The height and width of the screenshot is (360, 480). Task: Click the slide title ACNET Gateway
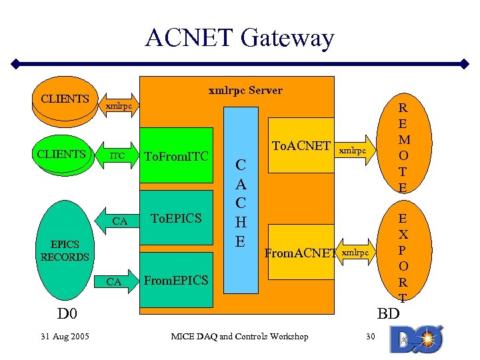tap(240, 38)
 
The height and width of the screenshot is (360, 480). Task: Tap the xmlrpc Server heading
tap(245, 90)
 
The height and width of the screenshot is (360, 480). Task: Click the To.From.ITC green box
tap(176, 157)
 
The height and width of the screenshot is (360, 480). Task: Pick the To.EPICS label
tap(176, 218)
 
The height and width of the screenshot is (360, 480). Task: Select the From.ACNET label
tap(301, 253)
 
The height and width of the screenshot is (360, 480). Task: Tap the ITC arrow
tap(119, 156)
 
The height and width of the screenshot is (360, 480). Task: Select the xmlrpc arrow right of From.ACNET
tap(354, 252)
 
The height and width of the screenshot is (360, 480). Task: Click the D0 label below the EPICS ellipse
tap(67, 313)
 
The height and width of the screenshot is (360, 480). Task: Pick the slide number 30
tap(371, 336)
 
